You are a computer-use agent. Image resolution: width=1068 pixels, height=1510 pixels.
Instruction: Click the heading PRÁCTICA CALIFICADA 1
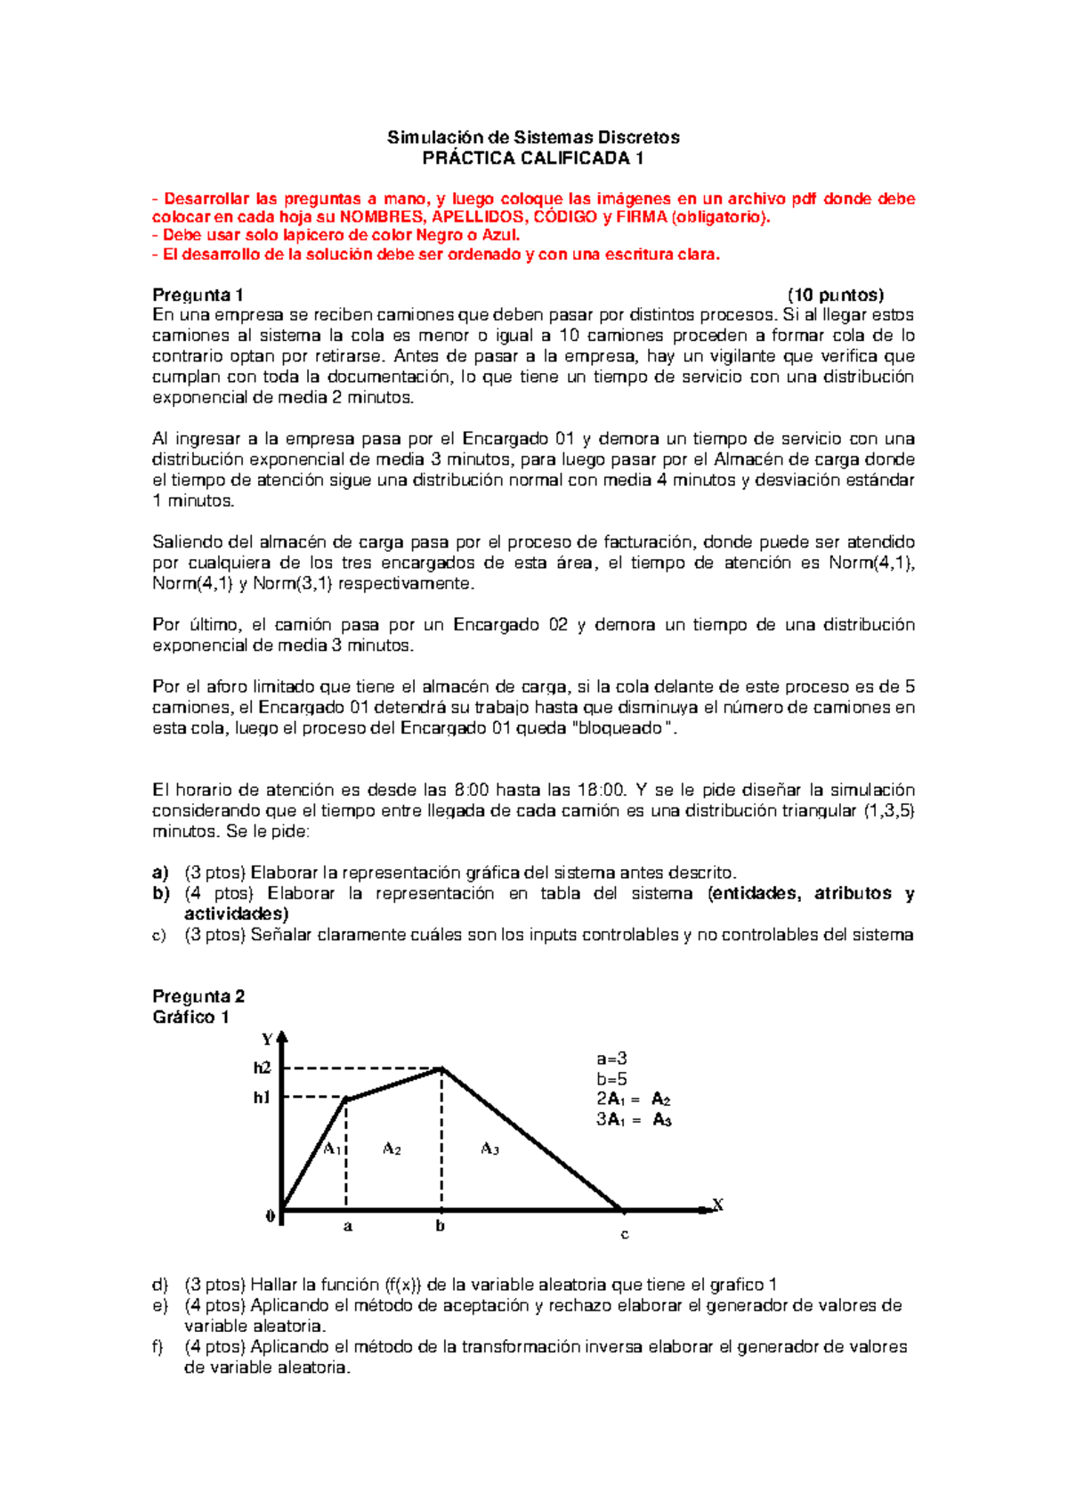point(532,158)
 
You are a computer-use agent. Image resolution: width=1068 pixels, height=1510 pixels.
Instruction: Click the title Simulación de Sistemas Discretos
point(533,137)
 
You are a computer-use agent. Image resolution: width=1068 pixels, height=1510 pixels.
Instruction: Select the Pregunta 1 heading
point(198,295)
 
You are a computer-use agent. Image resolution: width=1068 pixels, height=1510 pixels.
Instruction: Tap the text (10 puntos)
point(835,295)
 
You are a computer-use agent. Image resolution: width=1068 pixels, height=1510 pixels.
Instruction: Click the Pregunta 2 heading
point(198,996)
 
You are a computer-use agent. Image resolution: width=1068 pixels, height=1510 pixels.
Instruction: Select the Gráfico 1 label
point(190,1017)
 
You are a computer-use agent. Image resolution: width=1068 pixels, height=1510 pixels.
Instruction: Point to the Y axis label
point(267,1039)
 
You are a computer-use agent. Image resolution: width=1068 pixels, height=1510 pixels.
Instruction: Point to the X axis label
point(717,1206)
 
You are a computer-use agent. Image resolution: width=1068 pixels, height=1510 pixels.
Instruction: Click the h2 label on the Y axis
point(262,1068)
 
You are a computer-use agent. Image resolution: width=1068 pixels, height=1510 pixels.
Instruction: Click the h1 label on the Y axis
point(261,1097)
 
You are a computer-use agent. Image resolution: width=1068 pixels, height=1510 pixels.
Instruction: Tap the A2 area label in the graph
point(392,1149)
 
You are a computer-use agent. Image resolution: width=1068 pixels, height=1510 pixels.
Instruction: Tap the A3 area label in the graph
point(489,1149)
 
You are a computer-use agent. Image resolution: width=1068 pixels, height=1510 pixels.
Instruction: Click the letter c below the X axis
point(624,1234)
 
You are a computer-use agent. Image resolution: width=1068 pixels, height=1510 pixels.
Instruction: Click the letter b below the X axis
point(440,1226)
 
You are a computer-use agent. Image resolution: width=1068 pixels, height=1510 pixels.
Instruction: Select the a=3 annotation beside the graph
point(611,1059)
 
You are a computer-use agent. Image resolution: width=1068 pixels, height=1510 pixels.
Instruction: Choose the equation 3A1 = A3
point(634,1120)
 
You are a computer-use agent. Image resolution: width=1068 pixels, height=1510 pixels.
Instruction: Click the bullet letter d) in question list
point(160,1284)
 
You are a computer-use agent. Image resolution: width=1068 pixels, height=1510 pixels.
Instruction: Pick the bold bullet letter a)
point(160,873)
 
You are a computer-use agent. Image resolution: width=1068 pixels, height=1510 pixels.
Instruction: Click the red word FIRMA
point(641,217)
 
